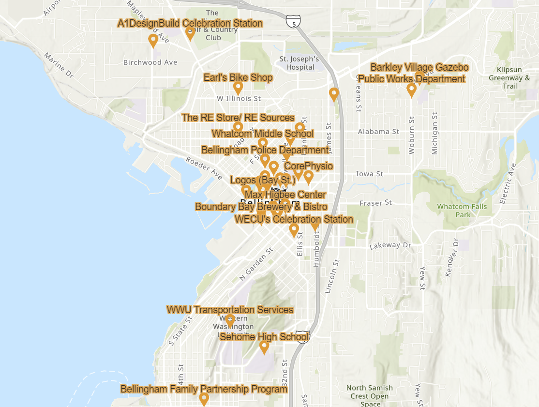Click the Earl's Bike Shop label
tap(238, 77)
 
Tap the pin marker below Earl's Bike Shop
tap(238, 88)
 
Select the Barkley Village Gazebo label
tap(419, 67)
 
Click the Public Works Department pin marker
tap(411, 90)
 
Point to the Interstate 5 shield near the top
tap(293, 21)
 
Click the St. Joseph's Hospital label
tap(299, 63)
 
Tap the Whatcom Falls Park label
tap(462, 211)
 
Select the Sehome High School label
tap(264, 337)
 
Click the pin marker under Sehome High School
tap(264, 347)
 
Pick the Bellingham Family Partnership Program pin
tap(204, 399)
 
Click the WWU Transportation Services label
tap(230, 310)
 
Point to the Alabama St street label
tap(378, 132)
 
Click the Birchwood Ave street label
tap(150, 62)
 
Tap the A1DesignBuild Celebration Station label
tap(190, 23)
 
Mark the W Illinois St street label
tap(239, 99)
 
